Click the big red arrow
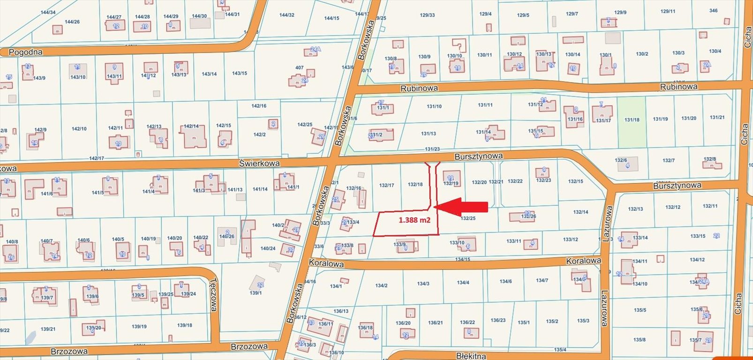(x=461, y=207)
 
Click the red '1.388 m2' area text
(x=414, y=219)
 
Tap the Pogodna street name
(x=26, y=52)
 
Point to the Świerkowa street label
(x=259, y=163)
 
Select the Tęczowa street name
(x=213, y=295)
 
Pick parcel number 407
(x=299, y=67)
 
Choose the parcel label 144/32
(x=286, y=15)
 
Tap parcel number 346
(x=713, y=10)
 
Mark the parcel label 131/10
(x=434, y=106)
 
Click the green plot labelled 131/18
(x=632, y=120)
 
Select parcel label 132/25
(x=468, y=218)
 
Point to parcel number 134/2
(x=381, y=285)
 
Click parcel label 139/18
(x=185, y=325)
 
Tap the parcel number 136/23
(x=498, y=321)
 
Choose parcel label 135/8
(x=639, y=340)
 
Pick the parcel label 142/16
(x=259, y=106)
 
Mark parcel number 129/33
(x=427, y=15)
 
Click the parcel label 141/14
(x=260, y=189)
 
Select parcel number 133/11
(x=513, y=241)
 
